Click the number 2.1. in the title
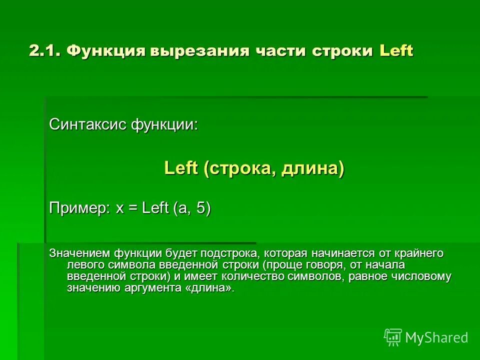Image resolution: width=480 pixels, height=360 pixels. (x=45, y=51)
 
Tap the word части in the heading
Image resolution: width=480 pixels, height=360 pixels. (x=280, y=51)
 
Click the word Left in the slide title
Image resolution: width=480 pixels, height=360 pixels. (x=396, y=51)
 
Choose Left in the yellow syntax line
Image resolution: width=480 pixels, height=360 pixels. (x=181, y=168)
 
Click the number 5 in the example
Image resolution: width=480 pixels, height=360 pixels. (x=200, y=208)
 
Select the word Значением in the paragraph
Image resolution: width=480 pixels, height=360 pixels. (x=79, y=254)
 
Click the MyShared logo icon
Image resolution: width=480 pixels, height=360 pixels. (x=392, y=337)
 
